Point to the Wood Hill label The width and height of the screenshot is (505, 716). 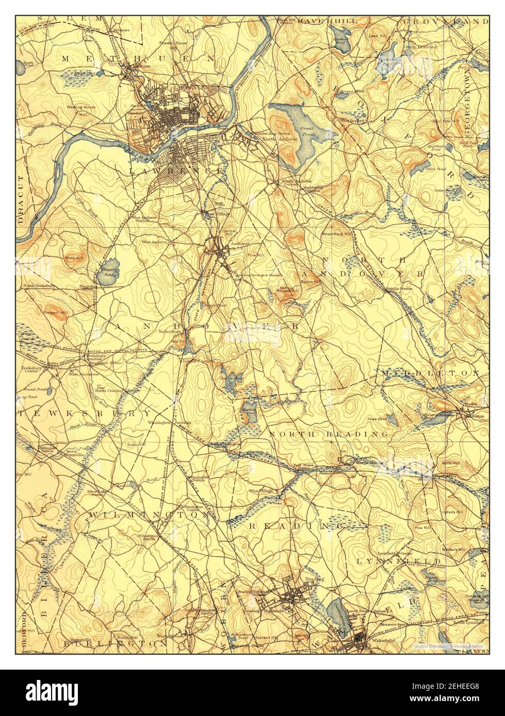click(71, 257)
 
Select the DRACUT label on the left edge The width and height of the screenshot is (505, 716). click(21, 199)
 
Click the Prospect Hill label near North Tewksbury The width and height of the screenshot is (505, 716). click(57, 313)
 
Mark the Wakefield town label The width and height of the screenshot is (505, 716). click(383, 640)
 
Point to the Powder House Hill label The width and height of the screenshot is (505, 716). click(172, 45)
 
